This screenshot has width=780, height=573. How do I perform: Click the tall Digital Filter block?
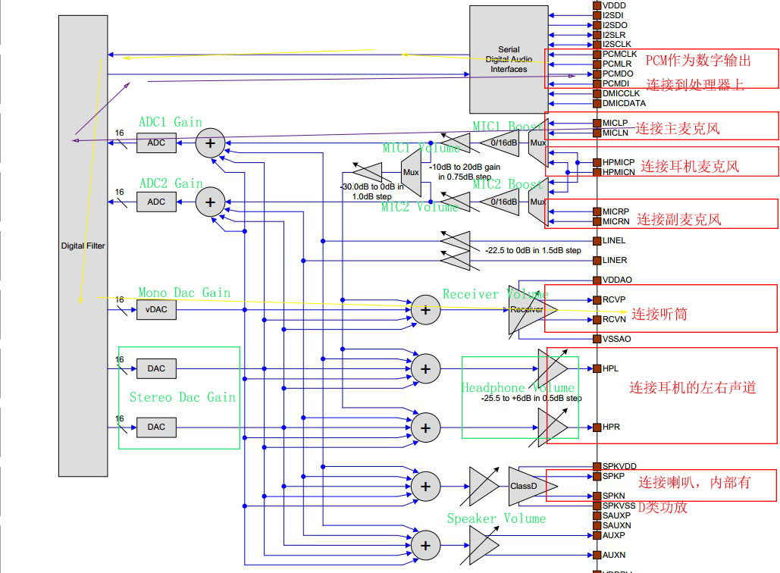[x=83, y=246]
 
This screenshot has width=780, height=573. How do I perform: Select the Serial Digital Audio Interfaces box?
[x=508, y=59]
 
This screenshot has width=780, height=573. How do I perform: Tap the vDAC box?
[x=156, y=309]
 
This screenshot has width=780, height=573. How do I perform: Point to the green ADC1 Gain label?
[x=171, y=122]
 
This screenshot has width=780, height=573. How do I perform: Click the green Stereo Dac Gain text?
[x=182, y=397]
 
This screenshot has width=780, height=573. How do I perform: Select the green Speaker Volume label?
[x=496, y=518]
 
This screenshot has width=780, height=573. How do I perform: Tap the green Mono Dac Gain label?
[x=184, y=293]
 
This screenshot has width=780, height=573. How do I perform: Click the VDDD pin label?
[x=614, y=5]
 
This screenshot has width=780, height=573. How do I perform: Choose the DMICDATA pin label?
[x=624, y=103]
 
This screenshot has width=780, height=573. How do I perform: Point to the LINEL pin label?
[x=614, y=240]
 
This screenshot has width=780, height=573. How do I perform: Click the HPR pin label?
[x=611, y=427]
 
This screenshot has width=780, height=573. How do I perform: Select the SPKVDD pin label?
[x=619, y=466]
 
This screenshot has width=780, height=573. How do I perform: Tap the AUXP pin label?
[x=614, y=535]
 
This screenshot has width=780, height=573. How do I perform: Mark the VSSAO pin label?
[x=616, y=339]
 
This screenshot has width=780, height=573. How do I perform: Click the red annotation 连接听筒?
[x=659, y=314]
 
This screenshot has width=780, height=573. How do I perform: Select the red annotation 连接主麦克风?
[x=677, y=128]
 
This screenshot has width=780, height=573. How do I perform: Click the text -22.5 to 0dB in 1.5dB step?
[x=533, y=250]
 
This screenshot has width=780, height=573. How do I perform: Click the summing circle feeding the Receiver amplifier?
[x=425, y=309]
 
